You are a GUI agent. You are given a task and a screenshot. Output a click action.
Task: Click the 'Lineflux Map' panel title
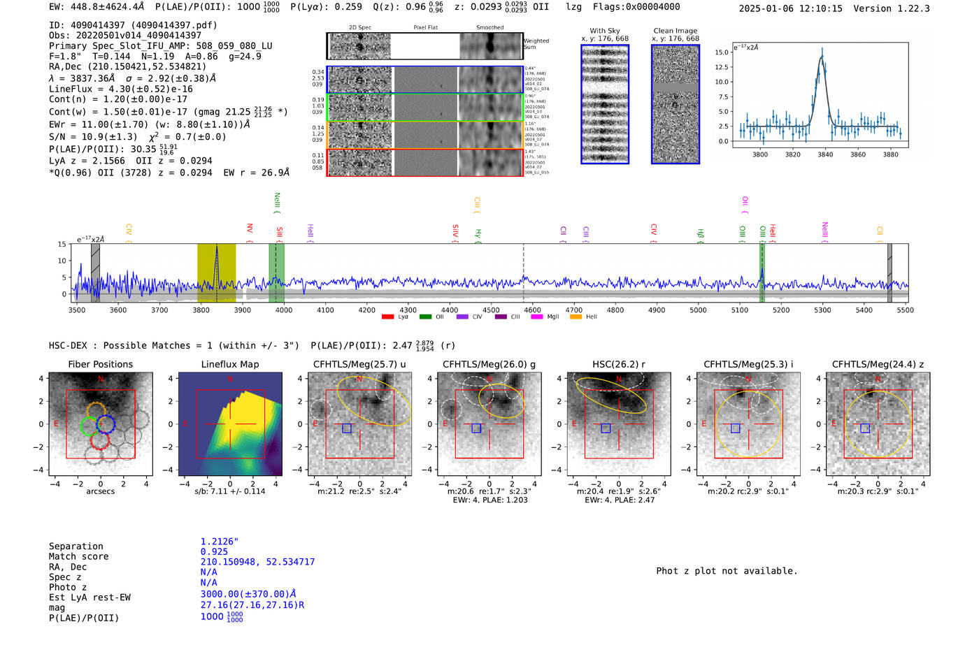(229, 364)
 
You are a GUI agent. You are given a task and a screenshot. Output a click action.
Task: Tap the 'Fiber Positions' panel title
(100, 364)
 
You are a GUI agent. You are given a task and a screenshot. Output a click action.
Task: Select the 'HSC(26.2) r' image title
(618, 364)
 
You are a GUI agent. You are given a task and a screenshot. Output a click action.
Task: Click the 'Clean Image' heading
(675, 31)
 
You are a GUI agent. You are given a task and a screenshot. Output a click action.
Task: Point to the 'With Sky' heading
(604, 31)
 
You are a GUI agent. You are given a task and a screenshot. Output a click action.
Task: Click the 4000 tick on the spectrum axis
(284, 310)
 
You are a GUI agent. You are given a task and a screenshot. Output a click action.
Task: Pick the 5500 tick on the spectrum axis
(905, 310)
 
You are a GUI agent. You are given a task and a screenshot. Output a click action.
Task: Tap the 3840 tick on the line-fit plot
(825, 154)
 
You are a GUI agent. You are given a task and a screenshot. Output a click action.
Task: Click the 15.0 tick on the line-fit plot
(722, 52)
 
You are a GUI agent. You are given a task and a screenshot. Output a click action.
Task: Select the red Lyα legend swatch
(387, 317)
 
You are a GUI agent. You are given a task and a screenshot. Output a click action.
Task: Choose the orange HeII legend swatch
(576, 317)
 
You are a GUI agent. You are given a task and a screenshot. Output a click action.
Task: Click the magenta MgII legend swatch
(537, 317)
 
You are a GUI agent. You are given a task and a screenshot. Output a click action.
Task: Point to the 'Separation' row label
(76, 546)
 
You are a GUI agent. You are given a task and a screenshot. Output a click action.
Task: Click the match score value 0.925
(214, 551)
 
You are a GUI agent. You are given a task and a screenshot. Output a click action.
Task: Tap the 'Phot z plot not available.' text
(727, 571)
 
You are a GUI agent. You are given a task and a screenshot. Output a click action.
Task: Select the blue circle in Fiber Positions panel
(105, 424)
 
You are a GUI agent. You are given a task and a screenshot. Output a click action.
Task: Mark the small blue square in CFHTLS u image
(347, 428)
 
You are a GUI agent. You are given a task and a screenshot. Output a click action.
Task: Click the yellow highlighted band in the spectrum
(216, 273)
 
